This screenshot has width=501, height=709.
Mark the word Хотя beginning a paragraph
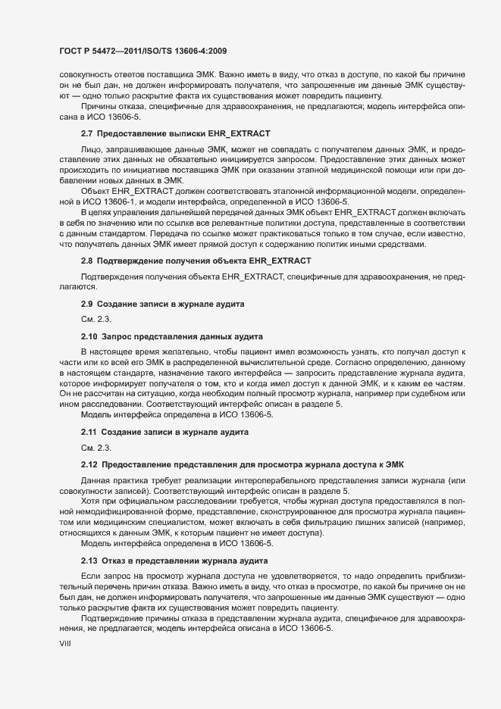pos(92,501)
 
